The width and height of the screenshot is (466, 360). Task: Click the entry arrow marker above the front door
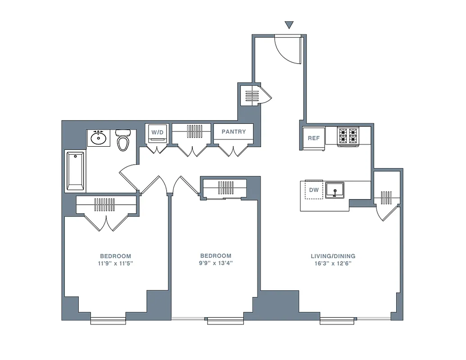click(x=289, y=25)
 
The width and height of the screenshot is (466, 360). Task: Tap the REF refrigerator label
click(x=313, y=139)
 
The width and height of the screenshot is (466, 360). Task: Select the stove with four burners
click(x=348, y=135)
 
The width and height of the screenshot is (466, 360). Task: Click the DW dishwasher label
click(x=314, y=190)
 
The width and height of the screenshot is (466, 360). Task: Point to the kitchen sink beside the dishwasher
click(x=335, y=190)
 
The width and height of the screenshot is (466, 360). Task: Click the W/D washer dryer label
click(x=157, y=132)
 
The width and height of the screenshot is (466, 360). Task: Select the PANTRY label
click(x=234, y=132)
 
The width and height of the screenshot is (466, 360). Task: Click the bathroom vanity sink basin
click(x=98, y=138)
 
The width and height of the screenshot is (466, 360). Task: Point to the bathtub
click(x=75, y=171)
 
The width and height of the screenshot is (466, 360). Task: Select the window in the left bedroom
click(x=108, y=320)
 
